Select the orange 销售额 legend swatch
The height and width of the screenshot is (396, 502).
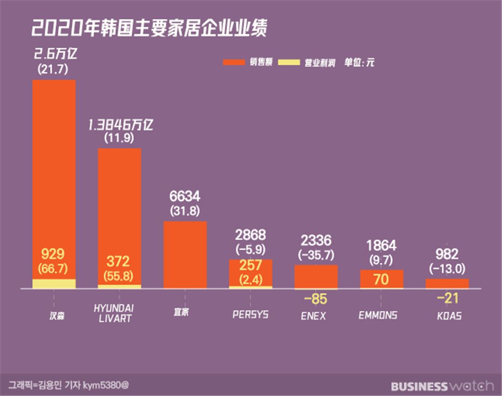234,62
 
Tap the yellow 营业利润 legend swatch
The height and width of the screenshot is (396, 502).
289,62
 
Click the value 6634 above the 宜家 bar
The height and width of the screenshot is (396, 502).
185,196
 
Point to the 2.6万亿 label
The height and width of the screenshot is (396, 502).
55,54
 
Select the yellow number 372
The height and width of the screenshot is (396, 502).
118,261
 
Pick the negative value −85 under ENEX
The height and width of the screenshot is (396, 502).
316,299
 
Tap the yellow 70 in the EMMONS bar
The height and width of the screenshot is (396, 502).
381,280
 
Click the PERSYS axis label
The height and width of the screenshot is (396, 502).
251,315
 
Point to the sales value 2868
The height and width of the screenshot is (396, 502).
251,235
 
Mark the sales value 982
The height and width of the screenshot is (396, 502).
447,255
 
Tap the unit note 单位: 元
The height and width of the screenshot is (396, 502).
359,62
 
